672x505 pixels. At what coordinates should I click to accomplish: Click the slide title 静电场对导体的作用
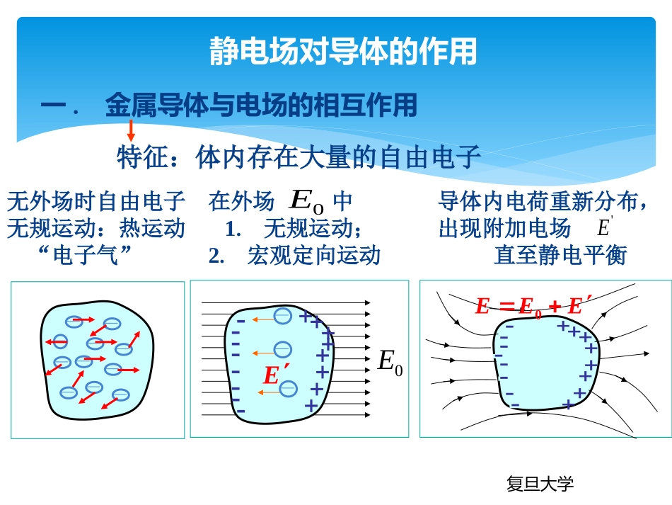tap(344, 52)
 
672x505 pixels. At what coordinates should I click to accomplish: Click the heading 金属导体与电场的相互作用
tap(261, 106)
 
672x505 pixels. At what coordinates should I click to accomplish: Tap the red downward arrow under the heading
tap(131, 130)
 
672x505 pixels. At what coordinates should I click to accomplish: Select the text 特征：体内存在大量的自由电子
tap(299, 157)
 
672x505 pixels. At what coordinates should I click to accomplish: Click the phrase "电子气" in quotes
tap(88, 254)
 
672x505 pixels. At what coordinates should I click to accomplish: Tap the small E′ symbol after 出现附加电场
tap(604, 227)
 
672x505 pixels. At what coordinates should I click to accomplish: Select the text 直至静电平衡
tap(560, 255)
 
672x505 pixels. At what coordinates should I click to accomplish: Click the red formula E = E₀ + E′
tap(528, 306)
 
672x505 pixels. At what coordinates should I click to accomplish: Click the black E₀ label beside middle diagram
tap(390, 363)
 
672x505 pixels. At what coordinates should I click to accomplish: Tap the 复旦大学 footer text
tap(540, 484)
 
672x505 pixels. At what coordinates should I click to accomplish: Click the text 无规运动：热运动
tap(96, 228)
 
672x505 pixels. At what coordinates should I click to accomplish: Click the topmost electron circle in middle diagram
tap(283, 316)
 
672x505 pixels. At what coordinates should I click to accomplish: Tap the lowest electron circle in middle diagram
tap(288, 388)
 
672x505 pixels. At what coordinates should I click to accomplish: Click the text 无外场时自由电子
tap(96, 203)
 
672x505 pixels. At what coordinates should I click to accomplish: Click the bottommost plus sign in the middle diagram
tap(310, 405)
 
